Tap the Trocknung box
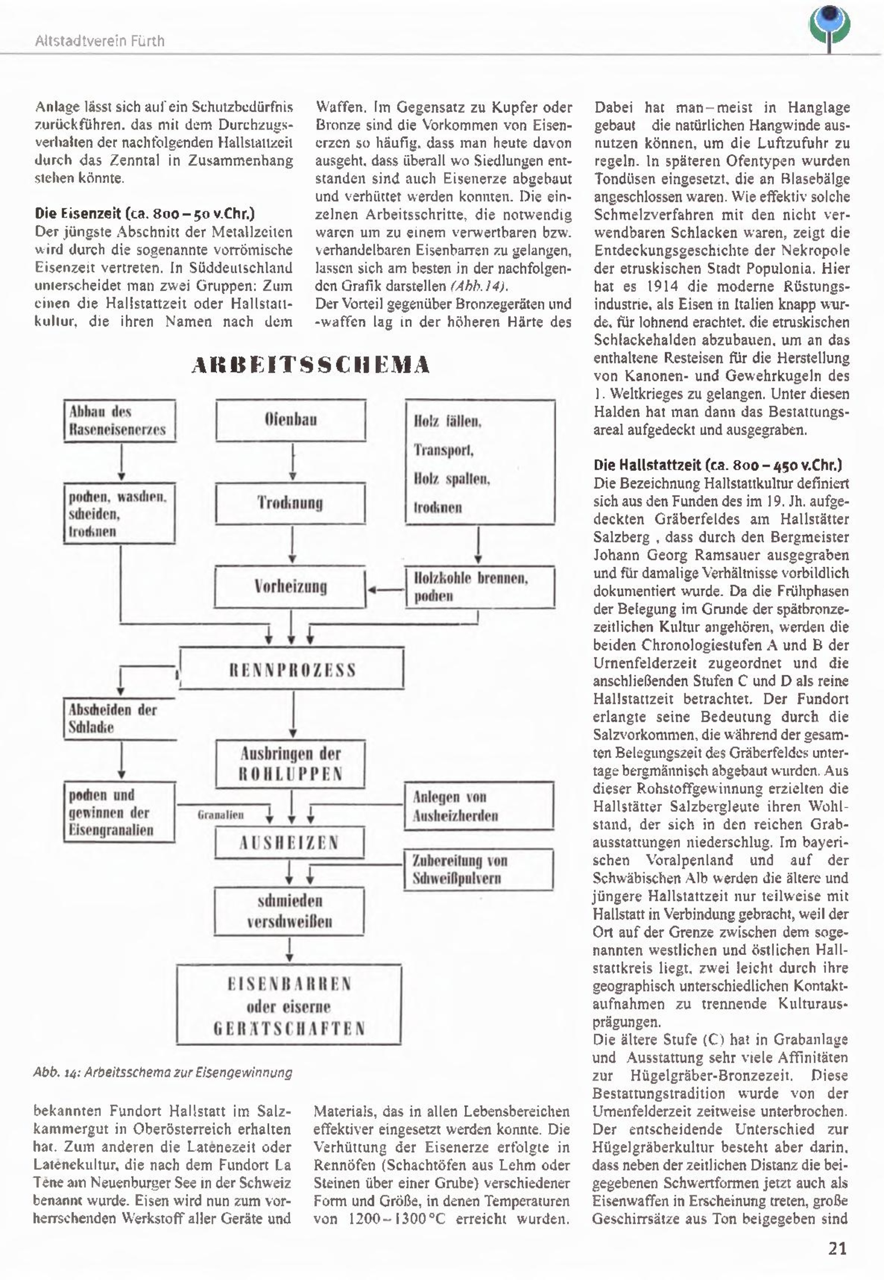(291, 503)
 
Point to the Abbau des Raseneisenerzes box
(120, 421)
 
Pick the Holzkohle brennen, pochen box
(480, 587)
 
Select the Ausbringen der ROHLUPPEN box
(291, 764)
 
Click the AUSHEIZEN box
(290, 843)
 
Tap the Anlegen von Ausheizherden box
(479, 806)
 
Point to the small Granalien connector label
(221, 815)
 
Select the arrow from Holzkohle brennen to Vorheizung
(386, 590)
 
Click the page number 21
(837, 1248)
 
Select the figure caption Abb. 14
(162, 1072)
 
